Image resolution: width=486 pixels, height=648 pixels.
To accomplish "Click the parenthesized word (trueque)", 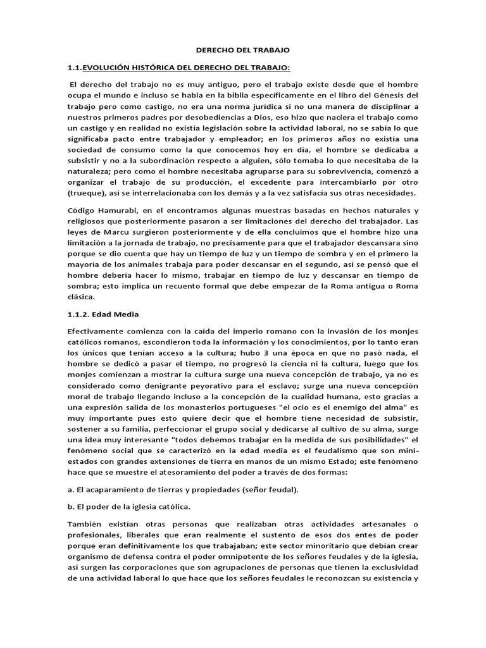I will pyautogui.click(x=86, y=192).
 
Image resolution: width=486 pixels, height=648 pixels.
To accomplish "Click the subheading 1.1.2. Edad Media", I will pyautogui.click(x=103, y=314).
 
